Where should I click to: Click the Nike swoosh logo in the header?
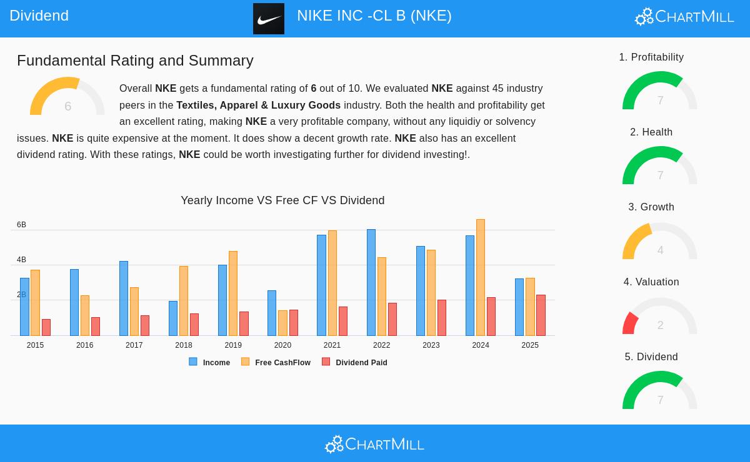pyautogui.click(x=269, y=19)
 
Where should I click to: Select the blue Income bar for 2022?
pyautogui.click(x=371, y=282)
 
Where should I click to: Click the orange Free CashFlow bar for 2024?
pyautogui.click(x=481, y=277)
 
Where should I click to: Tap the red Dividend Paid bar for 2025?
pyautogui.click(x=541, y=315)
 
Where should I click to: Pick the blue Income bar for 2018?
pyautogui.click(x=173, y=318)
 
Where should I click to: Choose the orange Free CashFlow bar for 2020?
pyautogui.click(x=282, y=323)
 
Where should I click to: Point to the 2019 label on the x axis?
pyautogui.click(x=233, y=345)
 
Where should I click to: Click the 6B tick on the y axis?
pyautogui.click(x=21, y=225)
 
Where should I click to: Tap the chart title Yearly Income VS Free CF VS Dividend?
pyautogui.click(x=282, y=200)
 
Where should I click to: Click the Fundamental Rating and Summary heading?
pyautogui.click(x=135, y=61)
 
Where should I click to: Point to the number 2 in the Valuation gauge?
pyautogui.click(x=660, y=325)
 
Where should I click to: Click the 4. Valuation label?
pyautogui.click(x=651, y=282)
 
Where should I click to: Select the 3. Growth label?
pyautogui.click(x=651, y=207)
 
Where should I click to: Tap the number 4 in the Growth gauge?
pyautogui.click(x=660, y=250)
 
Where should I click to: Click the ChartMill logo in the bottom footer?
pyautogui.click(x=374, y=444)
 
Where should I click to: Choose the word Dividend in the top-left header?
pyautogui.click(x=39, y=16)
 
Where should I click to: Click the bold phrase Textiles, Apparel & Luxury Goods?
pyautogui.click(x=258, y=106)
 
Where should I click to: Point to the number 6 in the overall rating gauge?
pyautogui.click(x=67, y=107)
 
